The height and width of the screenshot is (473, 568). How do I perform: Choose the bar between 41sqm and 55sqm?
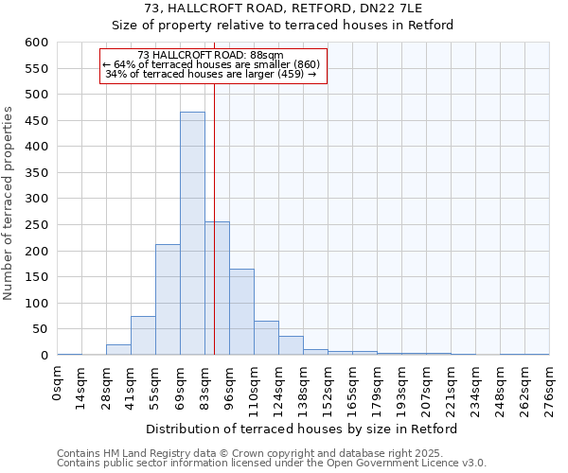click(143, 336)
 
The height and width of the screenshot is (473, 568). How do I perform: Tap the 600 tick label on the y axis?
click(36, 43)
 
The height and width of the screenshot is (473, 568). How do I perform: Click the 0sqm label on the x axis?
click(58, 383)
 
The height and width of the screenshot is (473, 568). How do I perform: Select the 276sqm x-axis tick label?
click(549, 389)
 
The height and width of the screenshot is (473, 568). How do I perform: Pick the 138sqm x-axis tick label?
click(303, 389)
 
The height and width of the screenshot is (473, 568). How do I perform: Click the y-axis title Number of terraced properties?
click(9, 203)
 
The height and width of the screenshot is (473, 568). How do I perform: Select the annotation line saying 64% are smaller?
click(211, 64)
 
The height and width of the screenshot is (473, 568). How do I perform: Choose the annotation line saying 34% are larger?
click(211, 74)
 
